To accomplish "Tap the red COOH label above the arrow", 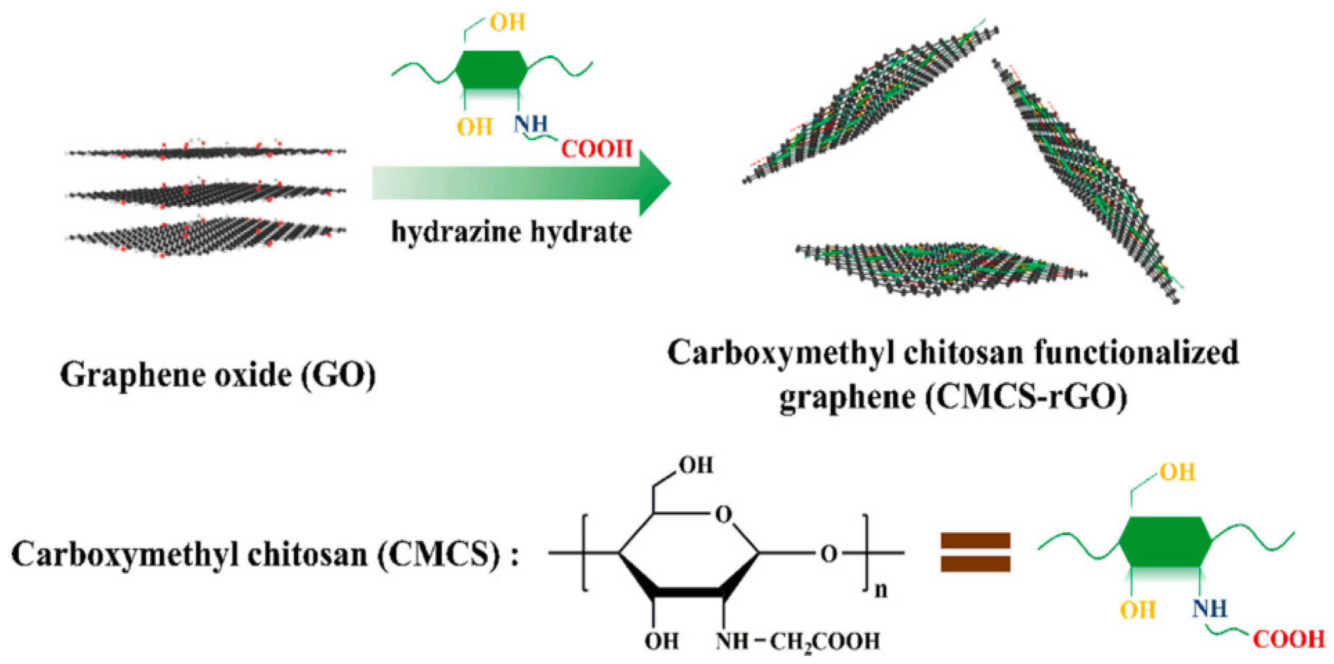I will (x=597, y=150).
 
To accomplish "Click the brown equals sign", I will (x=975, y=552).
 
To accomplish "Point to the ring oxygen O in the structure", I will (x=723, y=514).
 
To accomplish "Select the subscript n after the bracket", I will (x=881, y=589).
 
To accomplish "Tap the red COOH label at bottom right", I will (x=1288, y=640).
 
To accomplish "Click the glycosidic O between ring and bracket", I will (x=829, y=554).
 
